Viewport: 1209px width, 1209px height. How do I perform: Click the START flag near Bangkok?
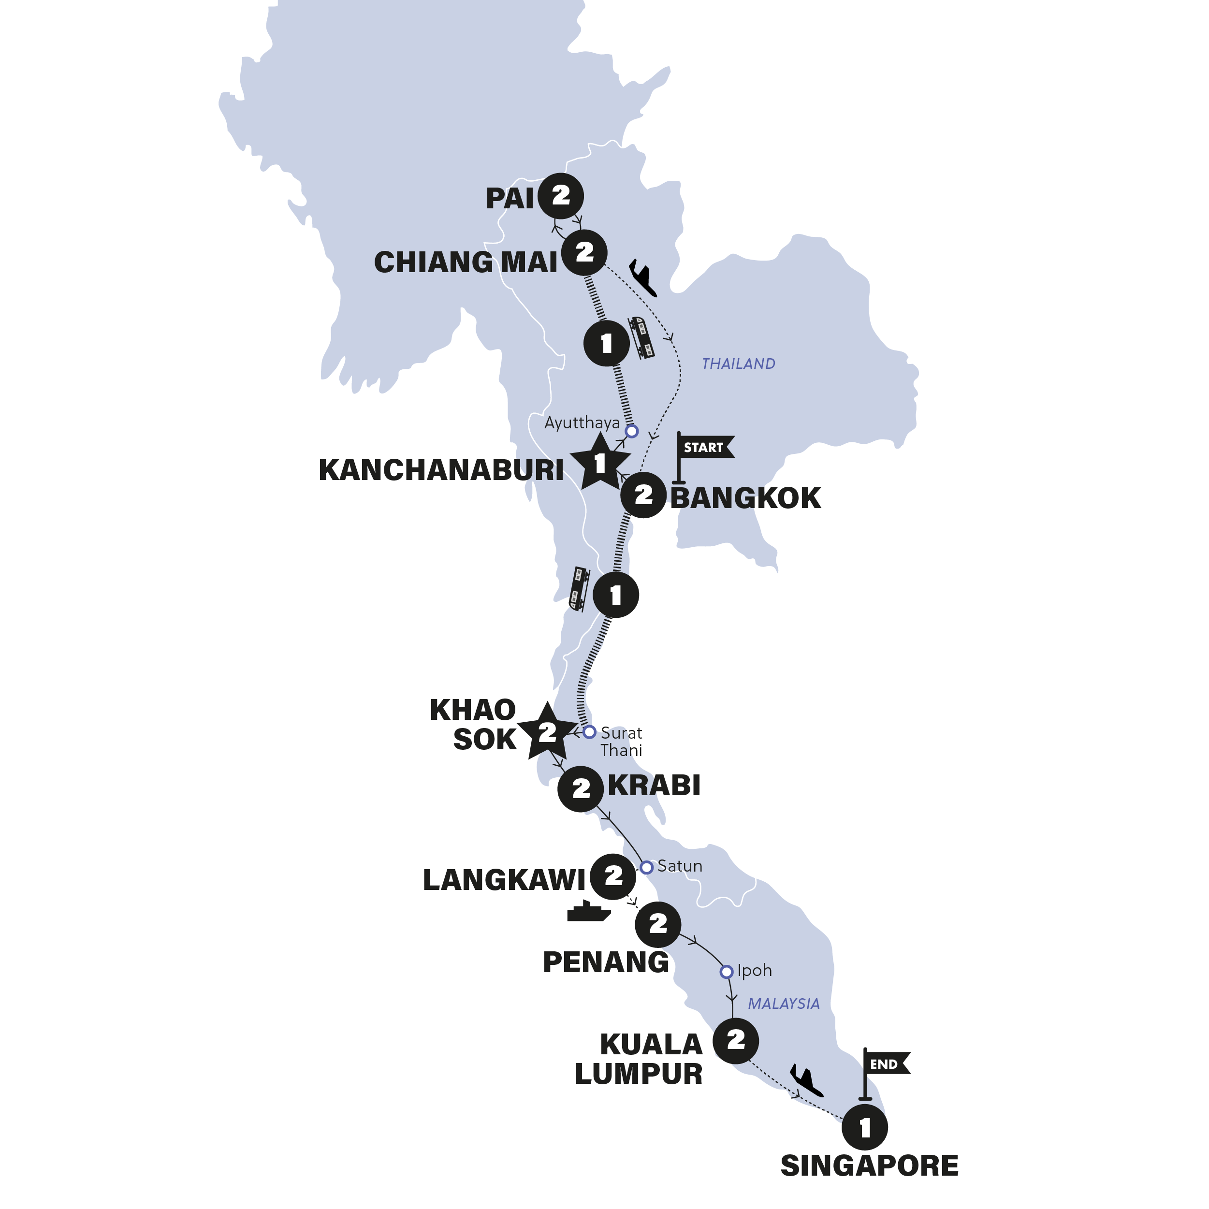pos(703,448)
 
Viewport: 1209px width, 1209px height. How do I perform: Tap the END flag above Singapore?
pos(884,1065)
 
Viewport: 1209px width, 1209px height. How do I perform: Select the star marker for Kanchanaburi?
pos(599,463)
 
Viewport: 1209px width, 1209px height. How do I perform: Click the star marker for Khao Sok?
pos(547,731)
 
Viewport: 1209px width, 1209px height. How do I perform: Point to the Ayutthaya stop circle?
pos(631,431)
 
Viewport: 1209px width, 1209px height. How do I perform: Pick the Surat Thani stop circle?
pos(589,731)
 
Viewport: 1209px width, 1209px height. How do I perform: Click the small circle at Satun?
pos(646,867)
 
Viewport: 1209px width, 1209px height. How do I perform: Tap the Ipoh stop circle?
pos(726,972)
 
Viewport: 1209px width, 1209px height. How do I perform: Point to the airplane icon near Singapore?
pos(806,1081)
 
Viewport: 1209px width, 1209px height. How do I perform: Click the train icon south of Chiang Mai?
pos(642,337)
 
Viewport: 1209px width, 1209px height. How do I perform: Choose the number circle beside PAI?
pos(561,196)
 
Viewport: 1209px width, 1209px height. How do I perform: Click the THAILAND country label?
pos(739,364)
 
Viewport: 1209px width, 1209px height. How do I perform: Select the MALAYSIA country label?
pos(784,1004)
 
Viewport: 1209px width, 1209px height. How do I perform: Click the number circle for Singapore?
pos(865,1128)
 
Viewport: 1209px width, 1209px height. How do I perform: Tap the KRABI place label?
pos(654,786)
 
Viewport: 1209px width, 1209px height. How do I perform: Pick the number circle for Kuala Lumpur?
pos(736,1041)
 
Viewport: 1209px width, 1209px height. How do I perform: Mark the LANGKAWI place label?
pos(504,880)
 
